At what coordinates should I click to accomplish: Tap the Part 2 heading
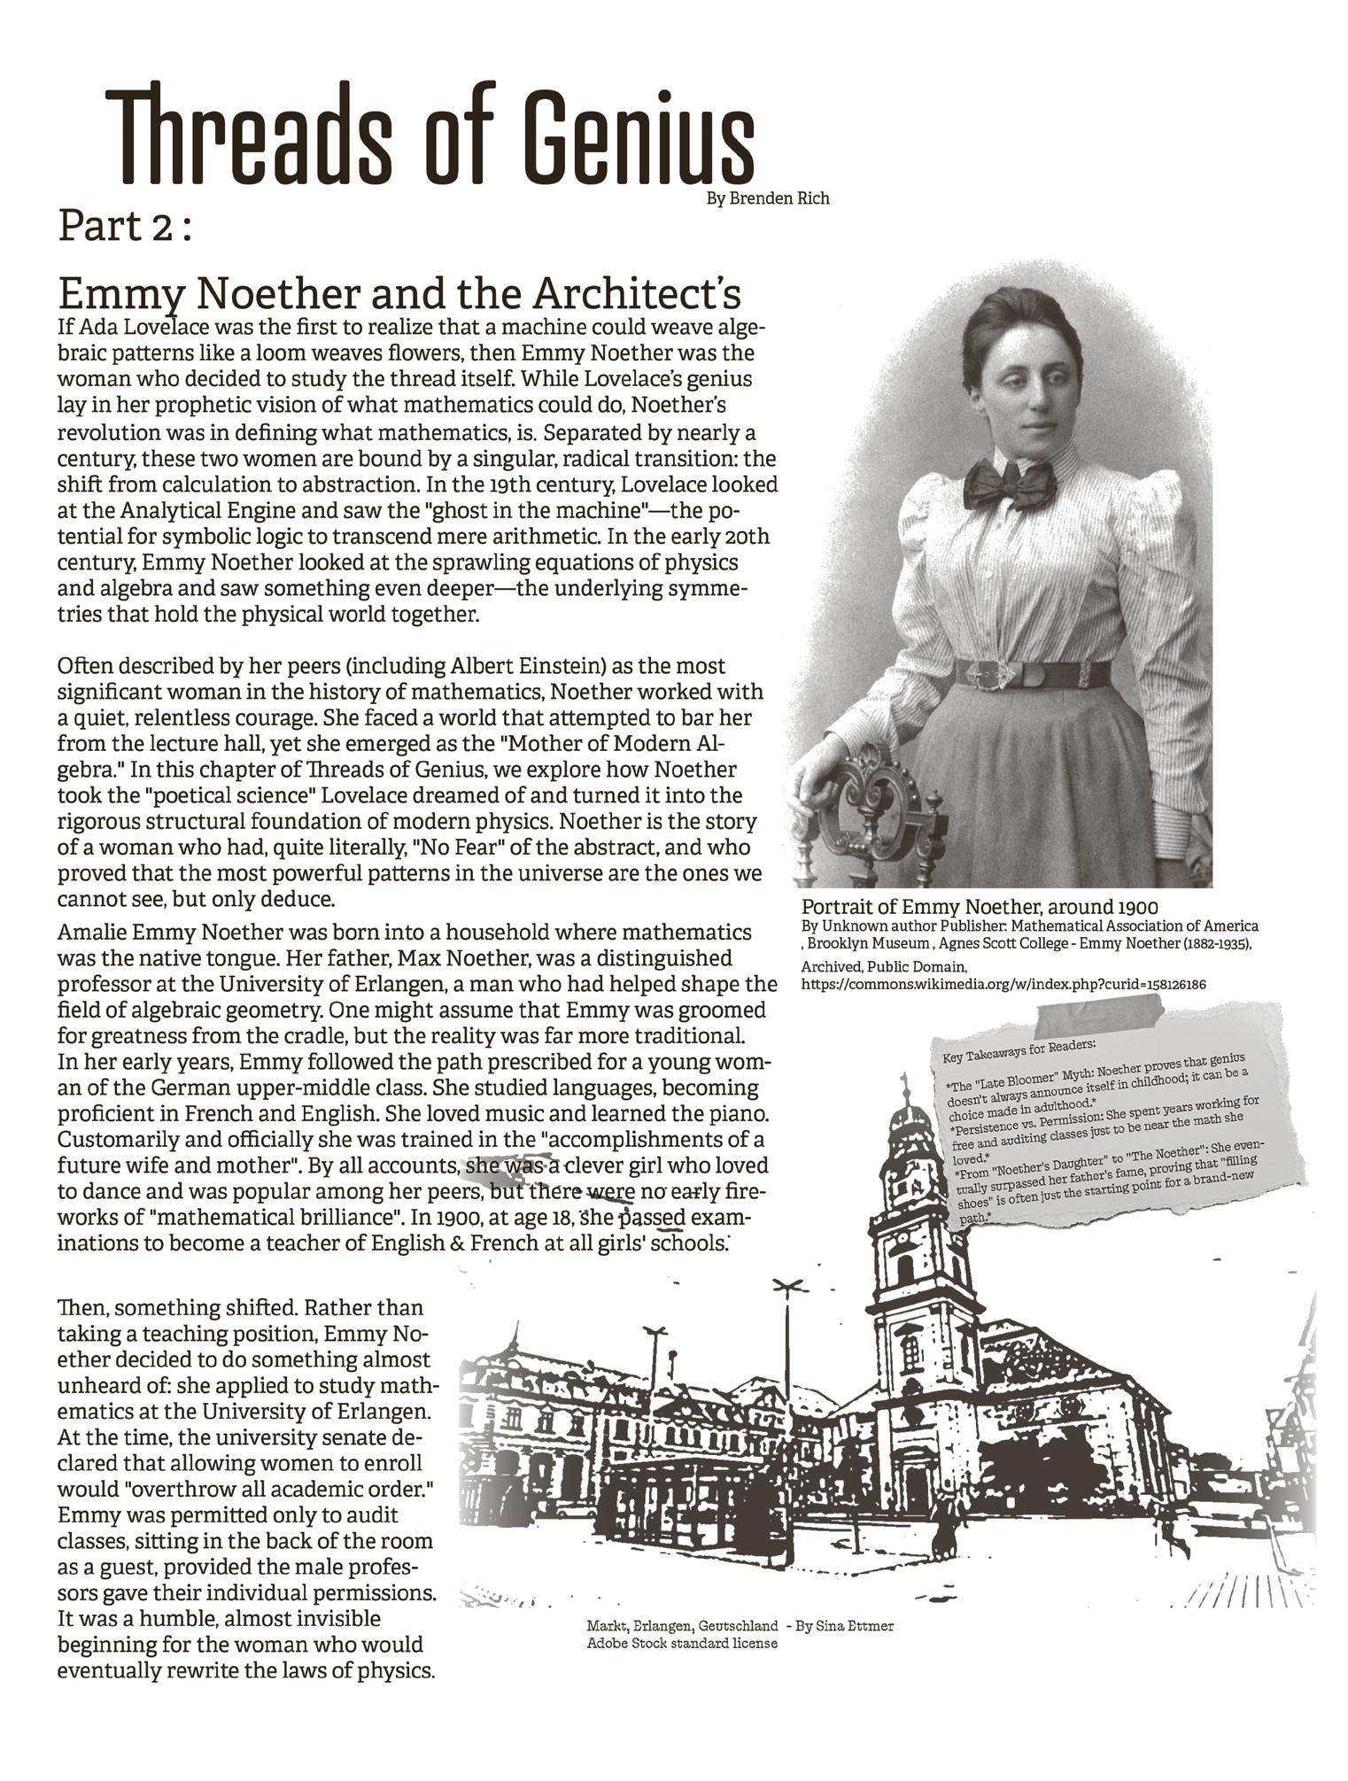(x=124, y=227)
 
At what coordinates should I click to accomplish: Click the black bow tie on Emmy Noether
(x=1010, y=484)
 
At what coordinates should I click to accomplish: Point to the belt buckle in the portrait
(x=990, y=677)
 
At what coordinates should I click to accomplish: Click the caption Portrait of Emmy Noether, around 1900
(x=980, y=907)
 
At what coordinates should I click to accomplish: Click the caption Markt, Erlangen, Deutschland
(x=682, y=1626)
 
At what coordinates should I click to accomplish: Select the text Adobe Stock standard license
(x=681, y=1643)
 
